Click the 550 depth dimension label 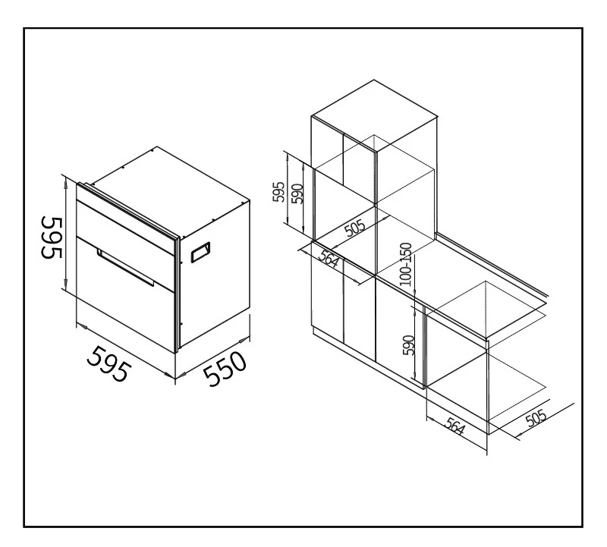pos(225,369)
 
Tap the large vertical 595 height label pos(52,237)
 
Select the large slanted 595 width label pos(107,363)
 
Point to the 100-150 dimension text pos(406,264)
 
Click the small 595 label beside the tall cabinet pos(278,192)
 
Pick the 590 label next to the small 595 pos(297,193)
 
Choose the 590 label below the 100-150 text pos(409,345)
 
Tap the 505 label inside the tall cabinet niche pos(355,228)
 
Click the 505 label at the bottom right pos(536,418)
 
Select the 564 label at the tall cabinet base pos(330,258)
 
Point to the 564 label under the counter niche pos(454,426)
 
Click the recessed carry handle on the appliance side pos(200,253)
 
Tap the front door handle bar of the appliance pos(125,268)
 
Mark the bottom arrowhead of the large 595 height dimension pos(66,284)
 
